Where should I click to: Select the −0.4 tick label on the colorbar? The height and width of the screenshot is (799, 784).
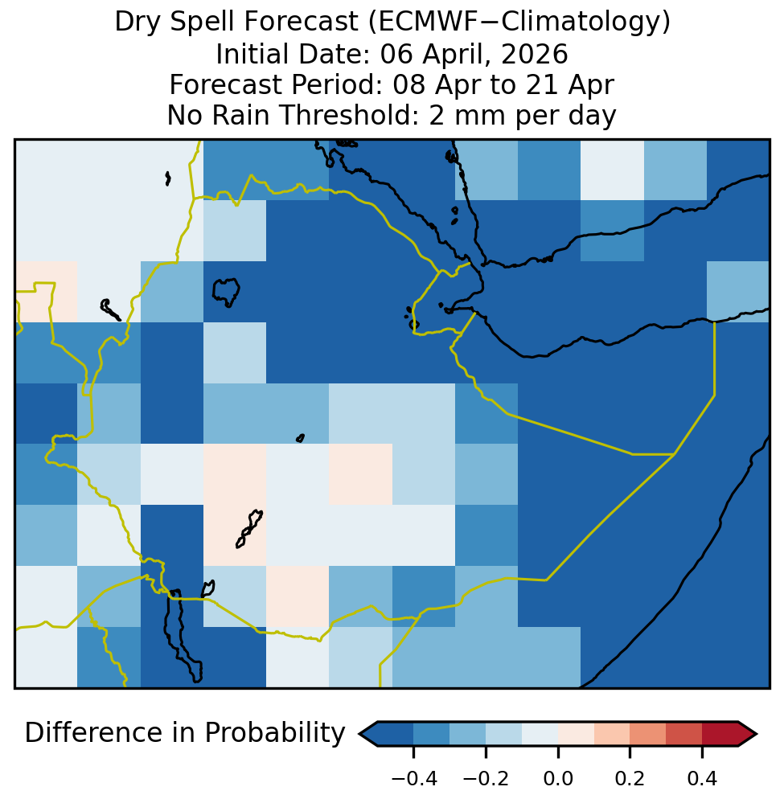pos(414,779)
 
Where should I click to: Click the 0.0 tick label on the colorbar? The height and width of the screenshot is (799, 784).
pos(558,779)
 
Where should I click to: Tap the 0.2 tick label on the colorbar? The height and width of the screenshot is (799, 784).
pos(630,779)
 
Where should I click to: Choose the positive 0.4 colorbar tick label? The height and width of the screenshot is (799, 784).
pos(703,779)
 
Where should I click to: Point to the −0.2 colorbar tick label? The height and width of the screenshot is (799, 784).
pos(486,779)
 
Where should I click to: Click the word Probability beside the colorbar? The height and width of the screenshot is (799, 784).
pos(275,734)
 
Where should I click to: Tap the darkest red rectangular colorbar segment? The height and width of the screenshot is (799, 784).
pos(720,734)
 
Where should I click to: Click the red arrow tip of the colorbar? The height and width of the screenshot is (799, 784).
pos(757,734)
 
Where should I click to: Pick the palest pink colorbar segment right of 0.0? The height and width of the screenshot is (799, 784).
pos(576,734)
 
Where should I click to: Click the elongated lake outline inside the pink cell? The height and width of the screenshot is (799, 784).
pos(249,529)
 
